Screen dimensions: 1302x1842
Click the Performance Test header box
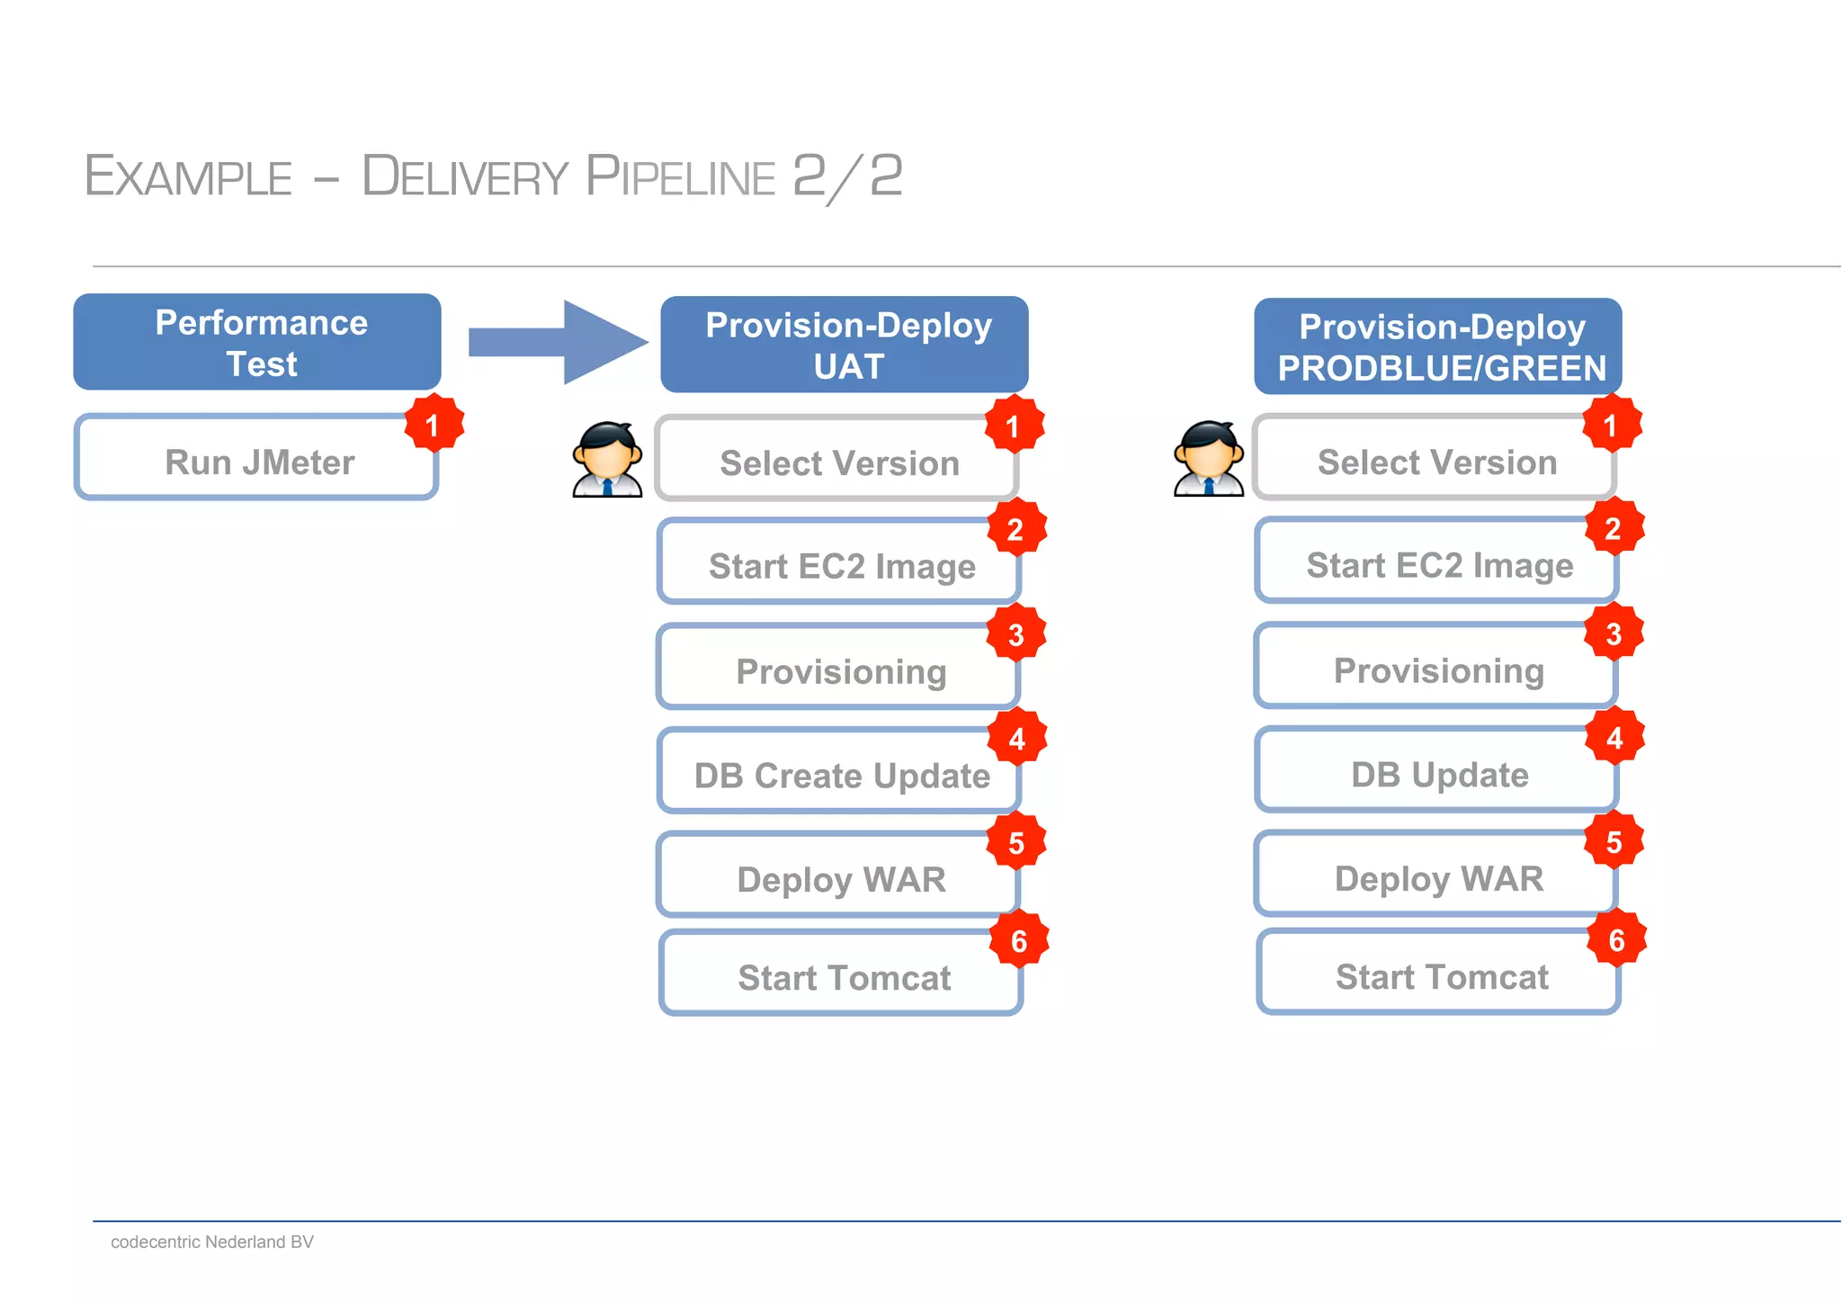coord(257,342)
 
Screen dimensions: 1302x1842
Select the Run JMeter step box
coord(257,460)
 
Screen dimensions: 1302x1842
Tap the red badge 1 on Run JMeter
coord(434,424)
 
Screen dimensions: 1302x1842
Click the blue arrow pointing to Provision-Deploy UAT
coord(559,343)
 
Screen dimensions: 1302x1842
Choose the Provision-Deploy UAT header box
coord(845,345)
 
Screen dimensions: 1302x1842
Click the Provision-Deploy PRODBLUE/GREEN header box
coord(1437,346)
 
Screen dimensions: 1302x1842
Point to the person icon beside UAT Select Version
coord(608,460)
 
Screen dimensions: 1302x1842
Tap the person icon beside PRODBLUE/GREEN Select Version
coord(1209,459)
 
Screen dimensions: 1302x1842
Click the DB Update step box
coord(1436,773)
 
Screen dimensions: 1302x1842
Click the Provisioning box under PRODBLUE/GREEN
coord(1436,669)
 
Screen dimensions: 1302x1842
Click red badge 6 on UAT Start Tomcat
coord(1019,941)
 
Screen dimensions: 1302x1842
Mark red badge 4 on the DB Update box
coord(1614,738)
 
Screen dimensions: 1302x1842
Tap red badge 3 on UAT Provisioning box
coord(1016,634)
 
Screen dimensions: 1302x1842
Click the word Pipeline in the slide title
coord(680,176)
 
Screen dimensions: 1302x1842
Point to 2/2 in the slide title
coord(847,176)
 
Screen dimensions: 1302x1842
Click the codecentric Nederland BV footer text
coord(212,1242)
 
